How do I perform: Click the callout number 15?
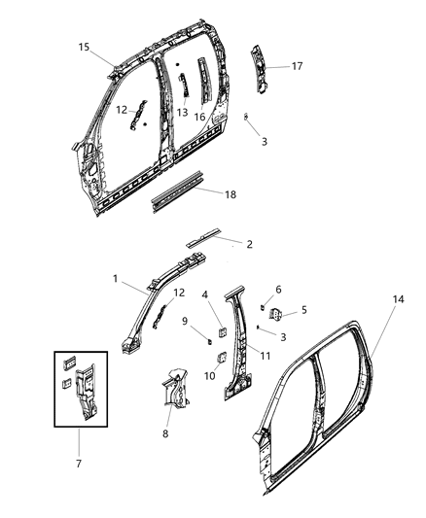[84, 47]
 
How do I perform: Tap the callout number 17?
[297, 66]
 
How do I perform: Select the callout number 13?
[182, 113]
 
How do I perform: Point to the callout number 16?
[200, 117]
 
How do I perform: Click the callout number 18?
[230, 195]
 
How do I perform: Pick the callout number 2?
[249, 245]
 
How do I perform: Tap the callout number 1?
[116, 279]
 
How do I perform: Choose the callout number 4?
[204, 294]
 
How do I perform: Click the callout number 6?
[278, 290]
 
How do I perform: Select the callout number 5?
[303, 311]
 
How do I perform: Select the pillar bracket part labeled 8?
[173, 387]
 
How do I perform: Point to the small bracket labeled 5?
[275, 314]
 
